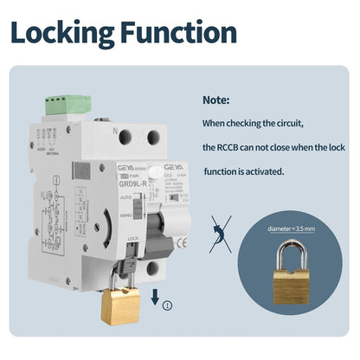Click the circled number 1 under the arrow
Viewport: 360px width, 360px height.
click(168, 303)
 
